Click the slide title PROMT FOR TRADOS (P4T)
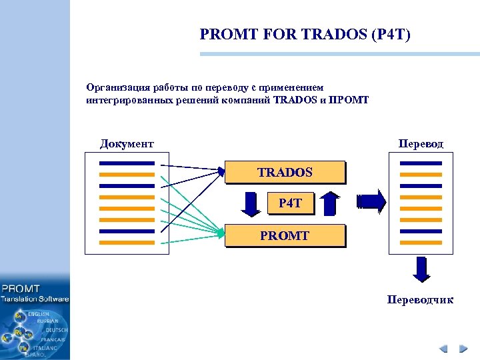[x=305, y=34]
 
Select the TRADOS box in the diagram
[x=285, y=172]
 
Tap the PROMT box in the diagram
[x=285, y=236]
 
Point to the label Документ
[x=127, y=143]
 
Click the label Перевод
[x=420, y=143]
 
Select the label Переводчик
[x=420, y=300]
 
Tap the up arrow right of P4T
[x=329, y=204]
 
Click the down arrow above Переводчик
[x=420, y=270]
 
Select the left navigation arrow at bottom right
[x=444, y=349]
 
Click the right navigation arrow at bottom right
[x=462, y=349]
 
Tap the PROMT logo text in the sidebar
[x=21, y=289]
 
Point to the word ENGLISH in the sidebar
[x=38, y=313]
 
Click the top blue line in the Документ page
[x=126, y=163]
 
